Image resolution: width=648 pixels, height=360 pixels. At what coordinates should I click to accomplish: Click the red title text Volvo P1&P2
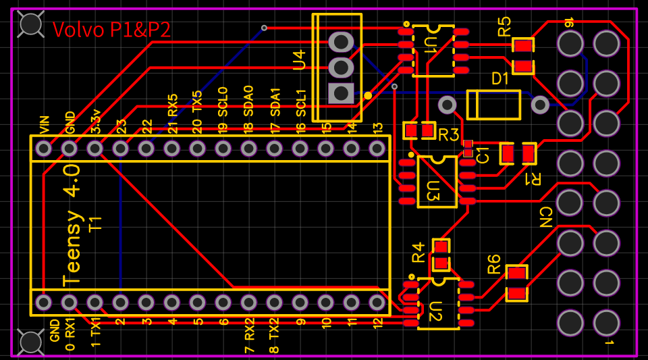pyautogui.click(x=111, y=30)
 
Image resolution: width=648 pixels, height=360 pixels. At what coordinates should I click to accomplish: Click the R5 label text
pyautogui.click(x=504, y=27)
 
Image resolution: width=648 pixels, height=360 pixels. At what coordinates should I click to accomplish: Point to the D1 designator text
pyautogui.click(x=500, y=79)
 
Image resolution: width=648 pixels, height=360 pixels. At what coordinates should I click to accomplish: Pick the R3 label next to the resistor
pyautogui.click(x=448, y=134)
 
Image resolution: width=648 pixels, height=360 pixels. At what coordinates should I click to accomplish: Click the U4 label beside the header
pyautogui.click(x=299, y=59)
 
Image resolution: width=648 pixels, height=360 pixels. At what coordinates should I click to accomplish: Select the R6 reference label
pyautogui.click(x=494, y=263)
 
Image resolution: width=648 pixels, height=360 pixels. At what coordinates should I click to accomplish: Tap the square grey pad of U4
pyautogui.click(x=341, y=93)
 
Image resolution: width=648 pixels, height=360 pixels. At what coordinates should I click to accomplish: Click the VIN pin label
pyautogui.click(x=44, y=125)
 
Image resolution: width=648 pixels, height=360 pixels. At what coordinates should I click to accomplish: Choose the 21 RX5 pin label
pyautogui.click(x=172, y=113)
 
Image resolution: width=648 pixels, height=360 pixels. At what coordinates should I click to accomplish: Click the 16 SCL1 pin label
pyautogui.click(x=301, y=111)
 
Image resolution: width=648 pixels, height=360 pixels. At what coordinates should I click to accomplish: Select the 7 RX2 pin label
pyautogui.click(x=249, y=335)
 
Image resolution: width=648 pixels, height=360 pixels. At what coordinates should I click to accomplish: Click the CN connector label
pyautogui.click(x=545, y=217)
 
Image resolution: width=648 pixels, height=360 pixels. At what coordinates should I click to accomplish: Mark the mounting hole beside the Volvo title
pyautogui.click(x=31, y=24)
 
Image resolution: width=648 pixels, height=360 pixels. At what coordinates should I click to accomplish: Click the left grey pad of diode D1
pyautogui.click(x=447, y=105)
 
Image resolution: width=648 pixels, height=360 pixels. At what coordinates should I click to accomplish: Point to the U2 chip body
pyautogui.click(x=438, y=303)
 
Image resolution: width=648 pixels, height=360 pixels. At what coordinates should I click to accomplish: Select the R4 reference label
pyautogui.click(x=418, y=252)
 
